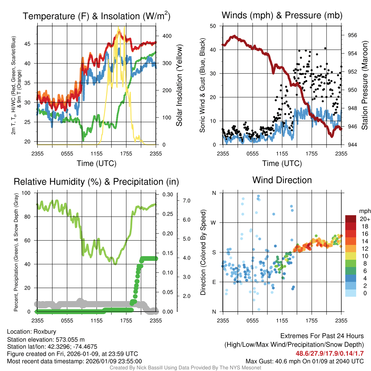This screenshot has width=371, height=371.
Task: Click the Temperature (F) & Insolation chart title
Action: point(96,16)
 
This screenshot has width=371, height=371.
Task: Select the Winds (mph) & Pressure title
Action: point(282,15)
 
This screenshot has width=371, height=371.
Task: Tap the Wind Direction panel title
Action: point(282,180)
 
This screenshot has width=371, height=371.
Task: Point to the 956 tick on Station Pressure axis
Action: point(352,35)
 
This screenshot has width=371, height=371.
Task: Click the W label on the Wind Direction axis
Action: point(214,222)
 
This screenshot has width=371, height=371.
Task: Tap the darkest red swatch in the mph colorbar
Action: point(351,219)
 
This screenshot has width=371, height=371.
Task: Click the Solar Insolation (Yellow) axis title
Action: point(179,86)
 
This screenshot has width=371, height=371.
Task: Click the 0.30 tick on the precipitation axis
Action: point(167,195)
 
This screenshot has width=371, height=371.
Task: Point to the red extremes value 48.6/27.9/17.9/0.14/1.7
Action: point(330,354)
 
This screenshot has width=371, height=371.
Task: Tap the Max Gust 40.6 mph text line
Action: point(305,361)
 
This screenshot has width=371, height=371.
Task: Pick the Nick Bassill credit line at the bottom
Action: point(185,368)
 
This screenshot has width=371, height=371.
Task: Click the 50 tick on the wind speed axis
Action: point(213,26)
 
